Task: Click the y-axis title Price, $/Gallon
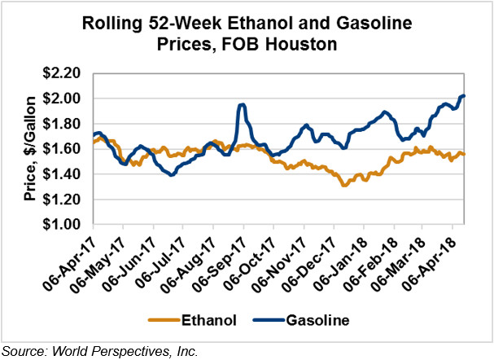pos(24,148)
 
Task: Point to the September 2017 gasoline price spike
pos(242,105)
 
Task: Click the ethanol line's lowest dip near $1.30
pos(345,185)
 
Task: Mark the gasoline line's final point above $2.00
pos(463,96)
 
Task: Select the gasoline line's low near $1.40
pos(172,174)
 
